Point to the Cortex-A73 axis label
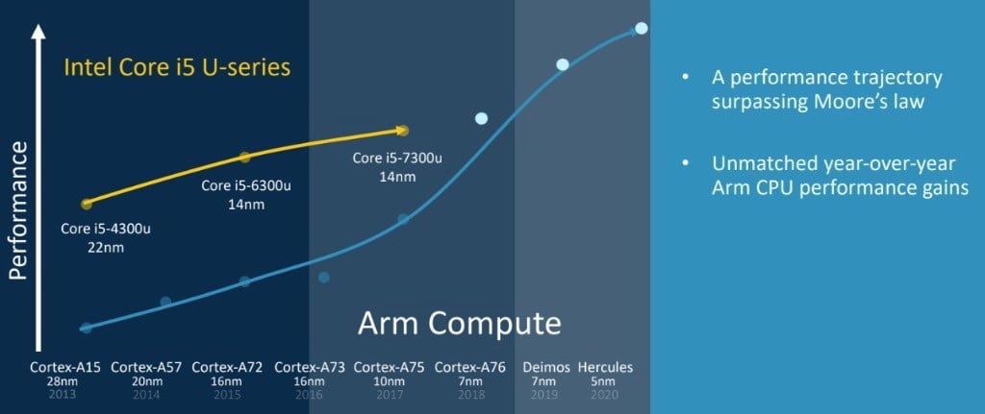(x=310, y=367)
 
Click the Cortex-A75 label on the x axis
(x=390, y=367)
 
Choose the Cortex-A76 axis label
(x=470, y=367)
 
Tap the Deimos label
(x=545, y=367)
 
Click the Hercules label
(x=605, y=367)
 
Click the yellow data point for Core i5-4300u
(x=87, y=204)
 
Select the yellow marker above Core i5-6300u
(x=244, y=157)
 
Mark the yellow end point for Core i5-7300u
(x=403, y=130)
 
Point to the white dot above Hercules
(x=642, y=28)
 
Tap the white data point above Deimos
(x=563, y=64)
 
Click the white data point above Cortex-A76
(x=481, y=118)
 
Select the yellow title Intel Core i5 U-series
(x=177, y=69)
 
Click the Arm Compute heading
(x=459, y=322)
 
